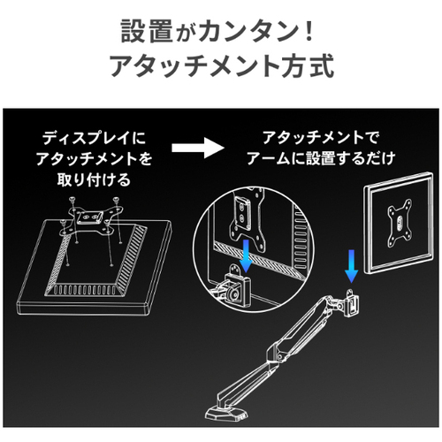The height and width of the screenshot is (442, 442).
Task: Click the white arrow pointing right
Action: pos(198,148)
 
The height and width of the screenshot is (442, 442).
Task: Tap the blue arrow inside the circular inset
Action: pos(246,255)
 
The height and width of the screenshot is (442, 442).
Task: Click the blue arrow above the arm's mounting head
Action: pos(351,266)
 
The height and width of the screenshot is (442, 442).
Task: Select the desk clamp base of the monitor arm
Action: pos(225,412)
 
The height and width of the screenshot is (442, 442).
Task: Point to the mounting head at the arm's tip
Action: pos(350,303)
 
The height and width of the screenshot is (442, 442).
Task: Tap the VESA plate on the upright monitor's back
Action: pos(400,224)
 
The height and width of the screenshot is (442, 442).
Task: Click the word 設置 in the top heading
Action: pos(147,31)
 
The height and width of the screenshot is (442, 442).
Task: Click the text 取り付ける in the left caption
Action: pos(94,179)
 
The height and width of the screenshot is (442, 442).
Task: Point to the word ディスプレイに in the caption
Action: pos(94,138)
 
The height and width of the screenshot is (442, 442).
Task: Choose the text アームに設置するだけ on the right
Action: pos(321,158)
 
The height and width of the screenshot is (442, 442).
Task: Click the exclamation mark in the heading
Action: pos(309,31)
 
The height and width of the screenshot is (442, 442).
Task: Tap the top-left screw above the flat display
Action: pos(72,201)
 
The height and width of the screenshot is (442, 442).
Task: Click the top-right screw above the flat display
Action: pos(117,201)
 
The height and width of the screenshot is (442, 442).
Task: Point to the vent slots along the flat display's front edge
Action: pos(86,290)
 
